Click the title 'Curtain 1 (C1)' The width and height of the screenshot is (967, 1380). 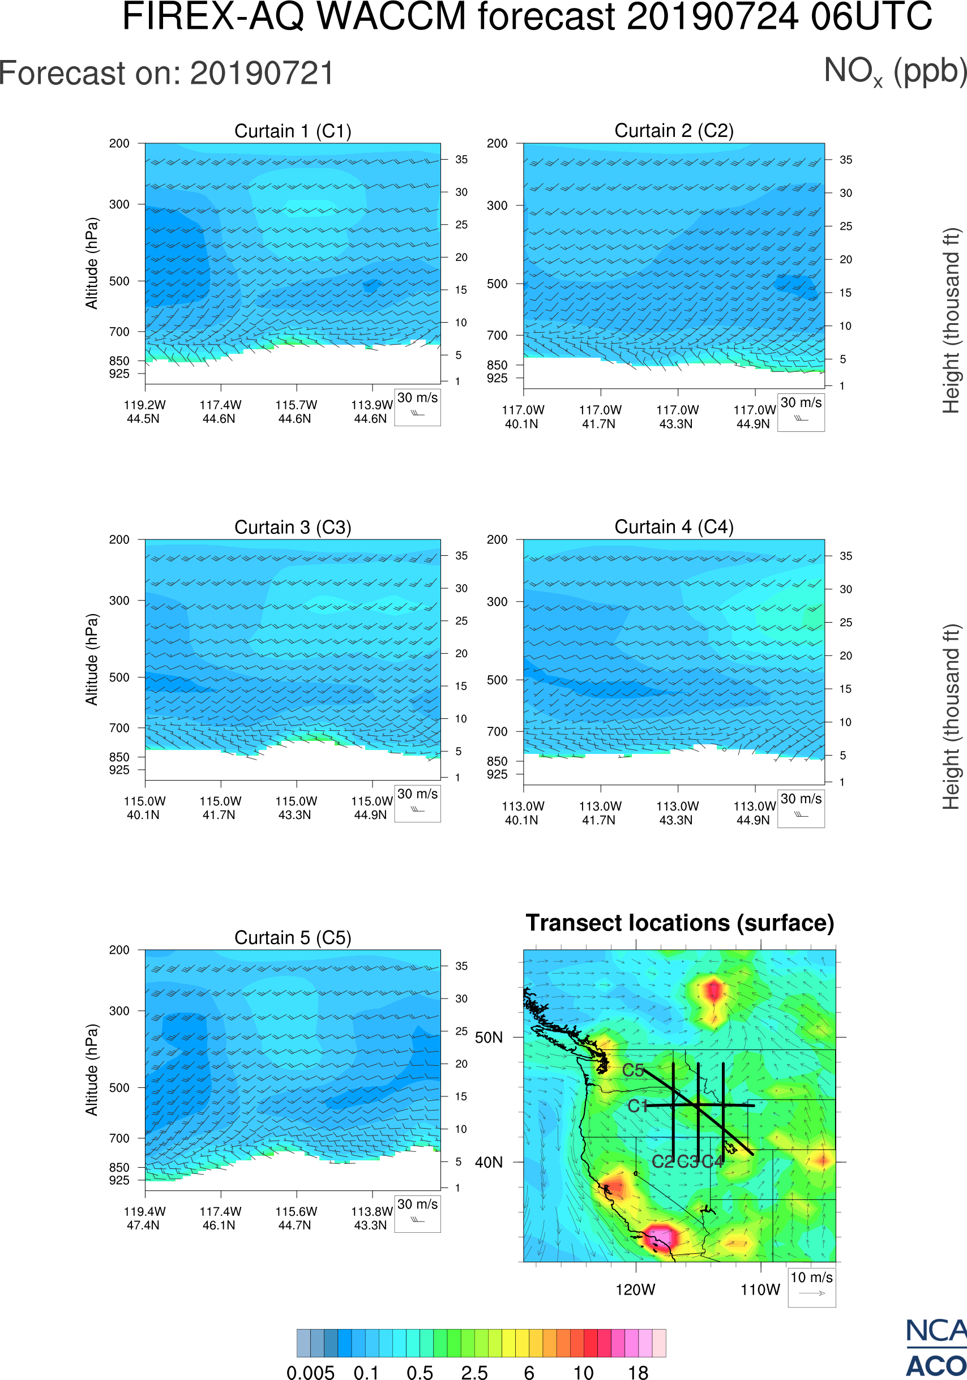(293, 131)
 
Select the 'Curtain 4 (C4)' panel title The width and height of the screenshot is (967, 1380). (674, 527)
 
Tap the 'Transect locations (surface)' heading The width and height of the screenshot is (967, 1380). (680, 923)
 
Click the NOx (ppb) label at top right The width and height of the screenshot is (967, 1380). (895, 72)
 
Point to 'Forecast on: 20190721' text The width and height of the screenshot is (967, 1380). (166, 74)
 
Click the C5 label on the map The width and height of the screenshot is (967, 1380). (633, 1070)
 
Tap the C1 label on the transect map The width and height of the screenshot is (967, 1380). (637, 1106)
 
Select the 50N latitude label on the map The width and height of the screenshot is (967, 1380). (489, 1038)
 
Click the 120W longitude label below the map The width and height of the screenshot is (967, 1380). (635, 1290)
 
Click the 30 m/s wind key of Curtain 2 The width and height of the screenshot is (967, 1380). (801, 412)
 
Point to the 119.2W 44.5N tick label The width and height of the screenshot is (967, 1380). (144, 412)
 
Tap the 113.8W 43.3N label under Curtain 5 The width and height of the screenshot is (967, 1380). (371, 1218)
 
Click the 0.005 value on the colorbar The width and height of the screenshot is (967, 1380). (310, 1372)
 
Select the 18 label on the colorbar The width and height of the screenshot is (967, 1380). (637, 1372)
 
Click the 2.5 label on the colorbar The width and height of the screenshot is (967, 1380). (474, 1372)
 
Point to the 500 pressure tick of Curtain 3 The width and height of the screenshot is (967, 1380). (119, 678)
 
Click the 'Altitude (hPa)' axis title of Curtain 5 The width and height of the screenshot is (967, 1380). (91, 1070)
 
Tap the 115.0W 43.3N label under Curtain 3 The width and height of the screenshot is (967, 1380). (296, 808)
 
